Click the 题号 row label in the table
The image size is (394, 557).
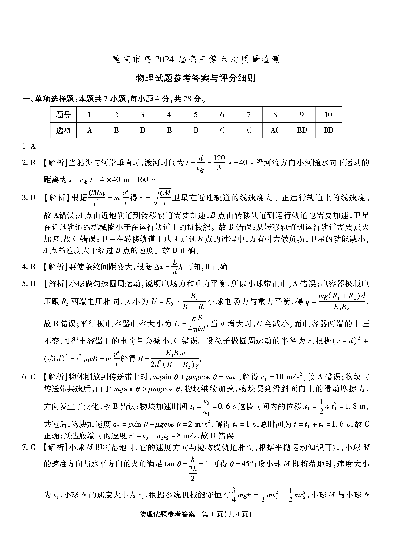pos(64,115)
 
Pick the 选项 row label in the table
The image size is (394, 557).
pos(64,130)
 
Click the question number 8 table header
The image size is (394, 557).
pos(275,115)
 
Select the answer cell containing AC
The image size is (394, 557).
pos(275,130)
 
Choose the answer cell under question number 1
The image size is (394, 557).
pos(89,130)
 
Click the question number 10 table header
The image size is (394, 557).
pos(328,115)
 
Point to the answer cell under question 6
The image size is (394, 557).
pos(222,130)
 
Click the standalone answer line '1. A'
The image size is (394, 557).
pos(28,146)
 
